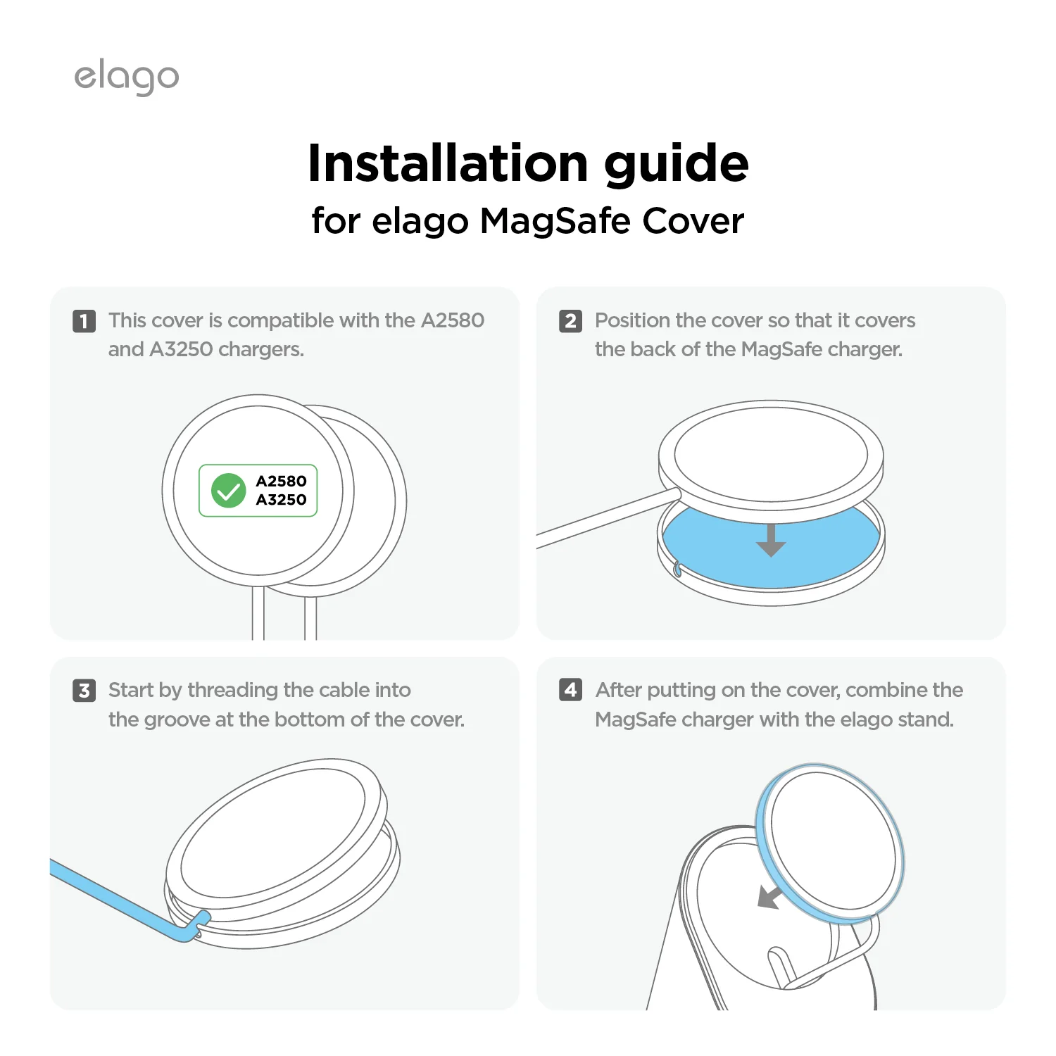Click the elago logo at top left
pyautogui.click(x=127, y=77)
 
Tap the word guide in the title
pyautogui.click(x=676, y=165)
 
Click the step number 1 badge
pyautogui.click(x=84, y=321)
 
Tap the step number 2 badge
pyautogui.click(x=570, y=321)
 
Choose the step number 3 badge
pyautogui.click(x=84, y=691)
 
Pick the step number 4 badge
pyautogui.click(x=570, y=690)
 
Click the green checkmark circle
pyautogui.click(x=229, y=491)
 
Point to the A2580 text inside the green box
pyautogui.click(x=281, y=482)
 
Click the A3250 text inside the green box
pyautogui.click(x=281, y=500)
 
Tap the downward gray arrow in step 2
pyautogui.click(x=771, y=541)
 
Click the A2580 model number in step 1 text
pyautogui.click(x=452, y=320)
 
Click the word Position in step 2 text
pyautogui.click(x=631, y=320)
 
